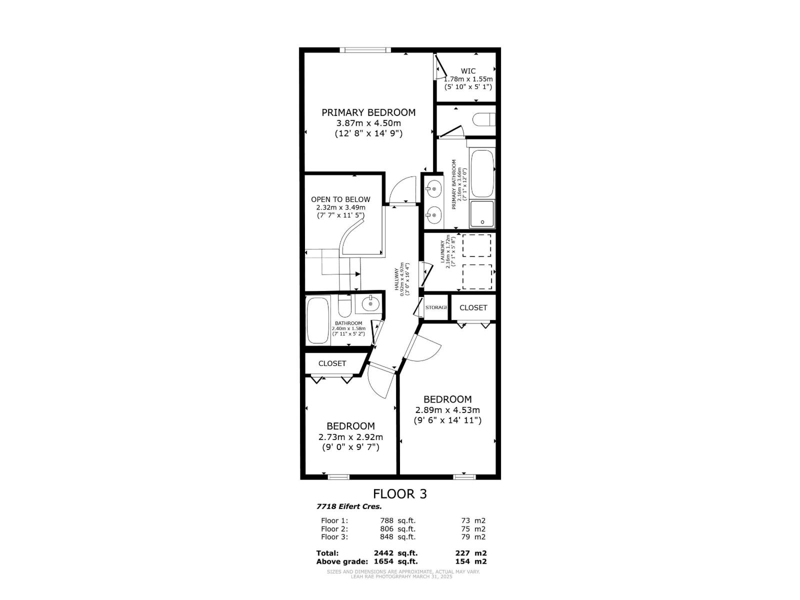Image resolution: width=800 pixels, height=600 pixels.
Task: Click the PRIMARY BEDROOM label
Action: point(368,112)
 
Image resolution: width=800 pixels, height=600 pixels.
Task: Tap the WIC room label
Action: point(468,71)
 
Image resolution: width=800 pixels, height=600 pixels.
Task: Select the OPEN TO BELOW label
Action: point(340,199)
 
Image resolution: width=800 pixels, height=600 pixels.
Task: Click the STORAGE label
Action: point(436,307)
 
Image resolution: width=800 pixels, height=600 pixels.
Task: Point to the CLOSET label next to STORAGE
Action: point(473,308)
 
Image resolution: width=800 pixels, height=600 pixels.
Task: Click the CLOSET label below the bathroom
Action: point(332,363)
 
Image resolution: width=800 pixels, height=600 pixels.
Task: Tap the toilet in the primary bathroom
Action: point(483,120)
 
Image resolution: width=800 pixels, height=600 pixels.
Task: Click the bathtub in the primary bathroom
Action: point(482,173)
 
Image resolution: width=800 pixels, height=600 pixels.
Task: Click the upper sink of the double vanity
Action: point(433,189)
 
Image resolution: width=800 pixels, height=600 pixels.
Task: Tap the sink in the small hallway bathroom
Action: point(370,303)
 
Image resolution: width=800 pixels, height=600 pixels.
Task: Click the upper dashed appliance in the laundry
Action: point(476,245)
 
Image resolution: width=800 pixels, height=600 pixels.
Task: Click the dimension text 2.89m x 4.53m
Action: point(447,410)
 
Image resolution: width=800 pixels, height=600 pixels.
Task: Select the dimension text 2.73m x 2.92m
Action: point(350,437)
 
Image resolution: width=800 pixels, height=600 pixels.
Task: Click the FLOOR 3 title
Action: point(400,494)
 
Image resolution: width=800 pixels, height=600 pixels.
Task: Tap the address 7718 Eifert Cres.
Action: point(349,506)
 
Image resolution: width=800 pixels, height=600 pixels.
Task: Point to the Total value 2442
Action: point(384,553)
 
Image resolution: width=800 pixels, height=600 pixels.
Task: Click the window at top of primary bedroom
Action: point(364,49)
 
